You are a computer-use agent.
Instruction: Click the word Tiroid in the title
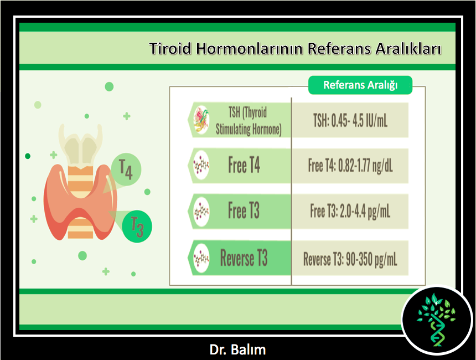point(170,49)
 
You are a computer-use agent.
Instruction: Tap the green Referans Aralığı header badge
point(360,85)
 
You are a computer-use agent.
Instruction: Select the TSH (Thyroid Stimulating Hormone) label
point(249,121)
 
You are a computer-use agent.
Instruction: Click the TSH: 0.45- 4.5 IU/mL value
point(350,121)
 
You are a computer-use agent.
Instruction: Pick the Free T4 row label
point(244,165)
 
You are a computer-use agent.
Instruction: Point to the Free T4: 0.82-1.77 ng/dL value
point(350,166)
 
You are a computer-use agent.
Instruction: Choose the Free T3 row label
point(244,210)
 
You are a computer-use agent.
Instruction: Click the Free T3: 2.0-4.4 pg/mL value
point(350,211)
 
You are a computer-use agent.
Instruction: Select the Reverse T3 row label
point(244,258)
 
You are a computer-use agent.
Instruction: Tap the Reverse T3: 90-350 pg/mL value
point(350,259)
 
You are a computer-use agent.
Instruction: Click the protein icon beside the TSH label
point(201,120)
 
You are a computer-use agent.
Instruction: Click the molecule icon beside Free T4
point(201,166)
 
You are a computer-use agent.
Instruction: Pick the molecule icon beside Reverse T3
point(201,258)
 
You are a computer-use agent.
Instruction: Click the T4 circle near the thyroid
point(126,169)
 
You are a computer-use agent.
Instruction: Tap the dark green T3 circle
point(137,227)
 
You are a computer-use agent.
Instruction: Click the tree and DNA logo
point(437,320)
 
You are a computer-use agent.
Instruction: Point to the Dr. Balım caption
point(237,349)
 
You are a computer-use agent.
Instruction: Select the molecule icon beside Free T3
point(201,212)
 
